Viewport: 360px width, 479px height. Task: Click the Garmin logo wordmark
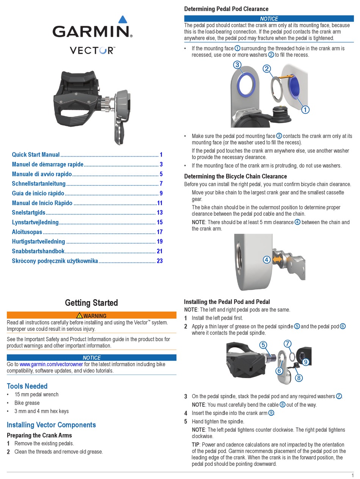(x=92, y=31)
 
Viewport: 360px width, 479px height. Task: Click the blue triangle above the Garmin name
(x=122, y=20)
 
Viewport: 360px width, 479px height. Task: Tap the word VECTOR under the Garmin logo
(x=92, y=50)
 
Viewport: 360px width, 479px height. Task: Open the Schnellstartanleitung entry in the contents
(x=39, y=184)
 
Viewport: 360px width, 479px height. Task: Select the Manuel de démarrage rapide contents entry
(x=47, y=164)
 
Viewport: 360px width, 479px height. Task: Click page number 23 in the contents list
(x=159, y=261)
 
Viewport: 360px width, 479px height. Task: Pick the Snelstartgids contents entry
(x=28, y=213)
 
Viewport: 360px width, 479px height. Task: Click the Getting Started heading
(x=91, y=303)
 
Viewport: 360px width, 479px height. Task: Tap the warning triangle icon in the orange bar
(x=79, y=316)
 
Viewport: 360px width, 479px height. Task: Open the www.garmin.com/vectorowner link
(x=51, y=364)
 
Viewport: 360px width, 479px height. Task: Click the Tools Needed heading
(x=27, y=386)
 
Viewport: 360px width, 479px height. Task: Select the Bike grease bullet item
(x=27, y=403)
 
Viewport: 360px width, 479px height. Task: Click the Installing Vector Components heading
(x=51, y=425)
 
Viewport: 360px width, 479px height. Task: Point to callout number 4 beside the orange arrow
(x=267, y=260)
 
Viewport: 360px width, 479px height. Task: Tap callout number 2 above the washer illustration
(x=267, y=69)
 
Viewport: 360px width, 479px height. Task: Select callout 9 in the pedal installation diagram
(x=305, y=362)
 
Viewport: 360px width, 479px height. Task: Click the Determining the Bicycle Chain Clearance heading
(x=235, y=176)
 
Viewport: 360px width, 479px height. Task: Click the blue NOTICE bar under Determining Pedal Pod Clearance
(x=269, y=19)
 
